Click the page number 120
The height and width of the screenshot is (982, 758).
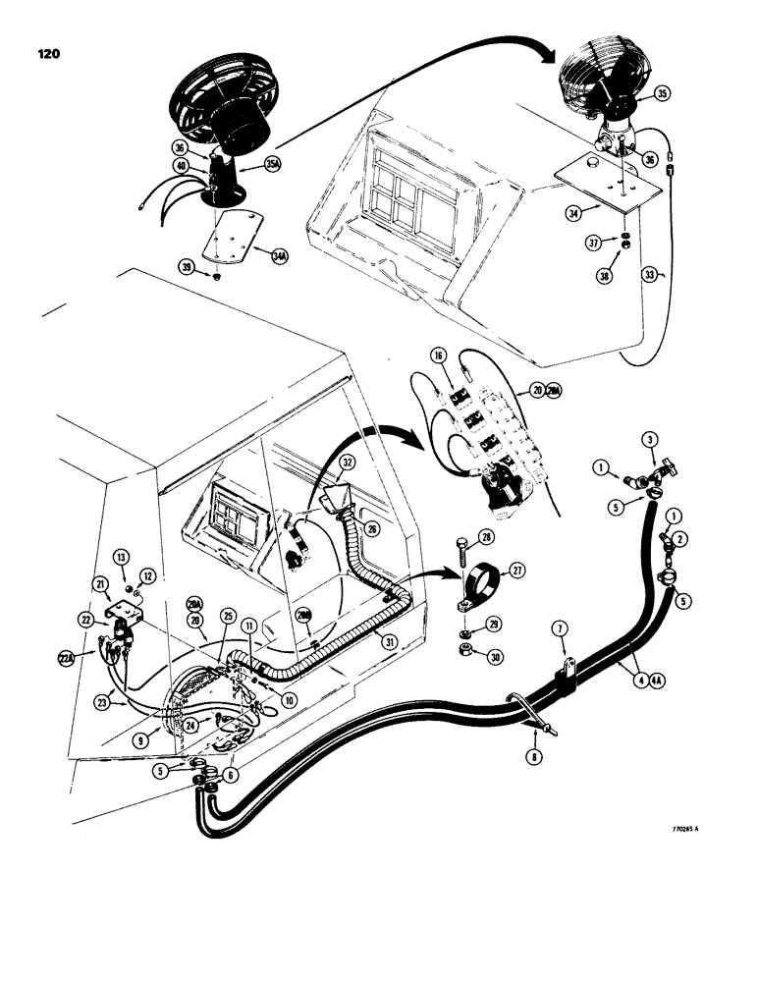pos(46,54)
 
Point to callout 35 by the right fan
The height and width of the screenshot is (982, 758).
pos(662,95)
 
